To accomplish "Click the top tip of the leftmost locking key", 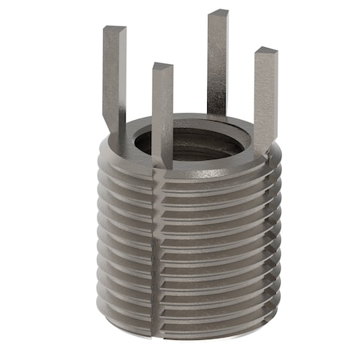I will point(114,30).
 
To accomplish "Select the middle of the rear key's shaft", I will point(218,64).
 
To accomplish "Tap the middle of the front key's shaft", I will point(162,116).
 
